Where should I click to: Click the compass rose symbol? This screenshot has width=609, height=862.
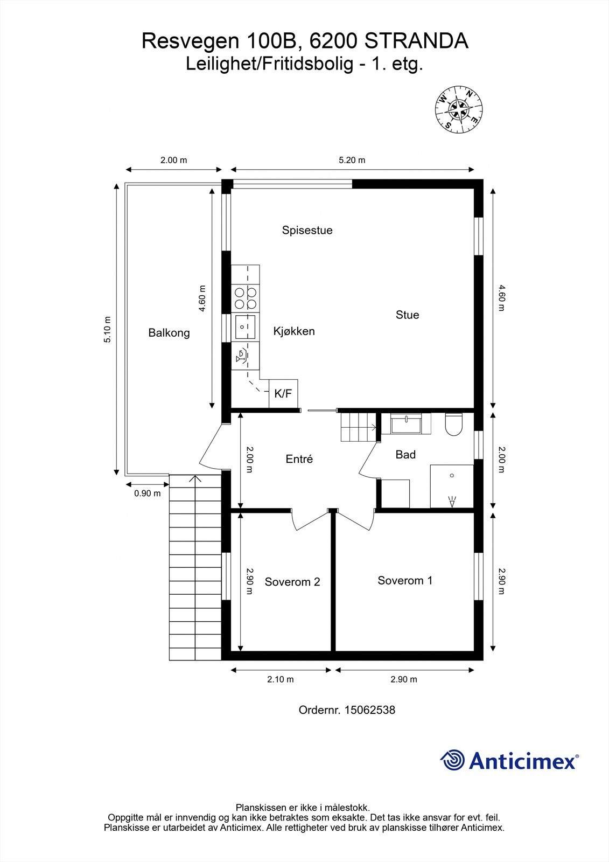458,109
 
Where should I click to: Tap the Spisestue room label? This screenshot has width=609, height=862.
307,231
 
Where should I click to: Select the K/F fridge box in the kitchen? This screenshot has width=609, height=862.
283,394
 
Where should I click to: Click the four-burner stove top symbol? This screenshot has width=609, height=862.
245,298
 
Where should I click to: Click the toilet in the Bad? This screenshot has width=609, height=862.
454,424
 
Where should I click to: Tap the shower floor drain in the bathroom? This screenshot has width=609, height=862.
452,475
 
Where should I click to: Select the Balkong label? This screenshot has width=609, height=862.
169,333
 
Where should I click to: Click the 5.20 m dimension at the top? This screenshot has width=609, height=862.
352,160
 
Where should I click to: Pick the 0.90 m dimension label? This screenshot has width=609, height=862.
147,493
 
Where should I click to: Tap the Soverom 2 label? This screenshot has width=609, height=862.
292,582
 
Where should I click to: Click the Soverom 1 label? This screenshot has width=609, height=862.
404,581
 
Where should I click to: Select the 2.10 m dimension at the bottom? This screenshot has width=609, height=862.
281,679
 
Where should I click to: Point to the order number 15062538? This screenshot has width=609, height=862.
369,710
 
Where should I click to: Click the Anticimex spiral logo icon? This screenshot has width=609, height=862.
452,761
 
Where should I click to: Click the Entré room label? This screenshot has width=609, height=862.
299,460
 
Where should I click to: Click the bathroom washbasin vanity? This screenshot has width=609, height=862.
410,425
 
